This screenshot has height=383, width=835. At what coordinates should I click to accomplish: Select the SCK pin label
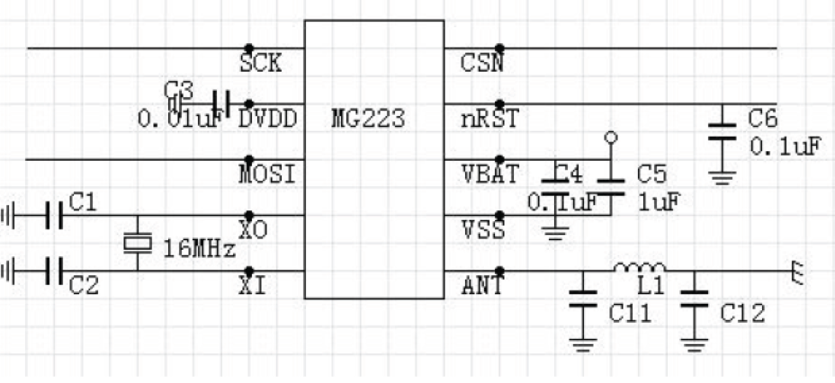tap(261, 65)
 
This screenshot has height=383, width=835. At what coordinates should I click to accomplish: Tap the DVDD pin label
tap(268, 119)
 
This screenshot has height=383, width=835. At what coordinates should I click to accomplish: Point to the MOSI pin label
tap(265, 174)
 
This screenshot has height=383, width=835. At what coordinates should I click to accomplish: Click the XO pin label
tap(254, 230)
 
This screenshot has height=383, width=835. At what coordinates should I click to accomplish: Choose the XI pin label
tap(253, 286)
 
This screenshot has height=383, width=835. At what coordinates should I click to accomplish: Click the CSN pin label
tap(482, 65)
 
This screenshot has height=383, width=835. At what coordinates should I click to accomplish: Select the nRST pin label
tap(489, 119)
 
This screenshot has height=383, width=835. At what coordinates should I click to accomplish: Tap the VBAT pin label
tap(489, 174)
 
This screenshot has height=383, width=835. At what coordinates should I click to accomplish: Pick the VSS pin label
tap(482, 230)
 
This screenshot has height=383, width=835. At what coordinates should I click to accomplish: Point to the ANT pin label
tap(482, 286)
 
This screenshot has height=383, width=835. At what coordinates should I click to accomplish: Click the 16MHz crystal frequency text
tap(200, 245)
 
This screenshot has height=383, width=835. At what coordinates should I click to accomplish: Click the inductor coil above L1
tap(640, 268)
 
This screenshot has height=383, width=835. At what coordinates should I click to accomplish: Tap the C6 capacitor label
tap(764, 118)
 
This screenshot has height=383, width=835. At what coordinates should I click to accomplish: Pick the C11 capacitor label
tap(631, 314)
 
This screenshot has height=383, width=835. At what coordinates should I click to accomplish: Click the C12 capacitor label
tap(742, 314)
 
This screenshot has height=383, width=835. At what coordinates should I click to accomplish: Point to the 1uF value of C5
tap(659, 201)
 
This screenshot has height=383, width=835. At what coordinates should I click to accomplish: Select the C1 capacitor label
tap(83, 204)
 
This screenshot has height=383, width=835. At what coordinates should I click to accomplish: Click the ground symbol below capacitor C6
tap(720, 176)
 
